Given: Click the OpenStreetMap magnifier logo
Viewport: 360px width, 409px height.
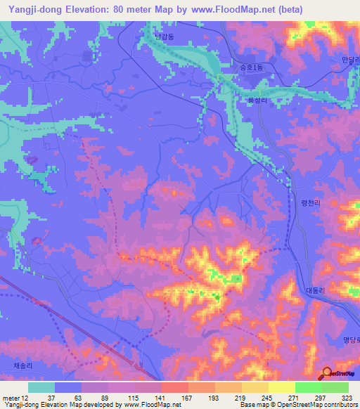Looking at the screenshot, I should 328,374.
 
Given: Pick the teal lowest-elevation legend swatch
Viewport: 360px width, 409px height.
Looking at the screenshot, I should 41,387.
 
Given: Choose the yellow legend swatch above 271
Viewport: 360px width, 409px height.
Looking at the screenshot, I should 281,387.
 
